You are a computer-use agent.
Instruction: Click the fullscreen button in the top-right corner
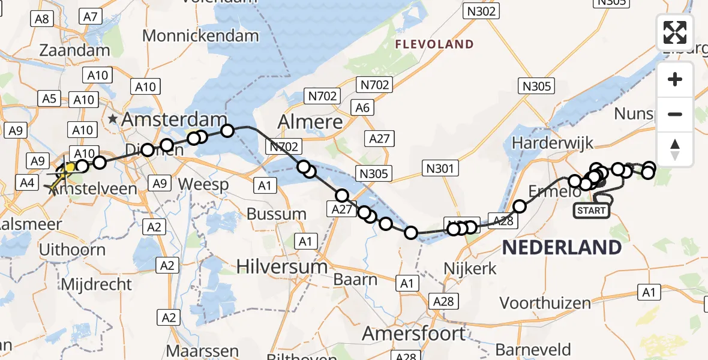[675, 32]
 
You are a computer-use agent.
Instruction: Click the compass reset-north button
[675, 150]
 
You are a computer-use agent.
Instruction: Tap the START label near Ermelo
[592, 210]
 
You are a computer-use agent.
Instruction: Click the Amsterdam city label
[175, 119]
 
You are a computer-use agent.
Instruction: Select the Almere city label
[310, 122]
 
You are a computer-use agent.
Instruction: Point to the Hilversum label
[282, 266]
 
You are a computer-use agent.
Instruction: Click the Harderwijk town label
[552, 143]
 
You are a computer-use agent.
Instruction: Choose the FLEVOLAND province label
[434, 44]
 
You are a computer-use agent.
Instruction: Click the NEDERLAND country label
[562, 247]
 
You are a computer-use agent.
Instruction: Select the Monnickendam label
[200, 35]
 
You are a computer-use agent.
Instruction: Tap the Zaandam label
[75, 50]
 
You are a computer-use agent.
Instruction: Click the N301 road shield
[440, 168]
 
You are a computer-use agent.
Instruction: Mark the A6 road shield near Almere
[362, 108]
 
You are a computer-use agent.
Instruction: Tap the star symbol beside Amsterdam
[113, 119]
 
